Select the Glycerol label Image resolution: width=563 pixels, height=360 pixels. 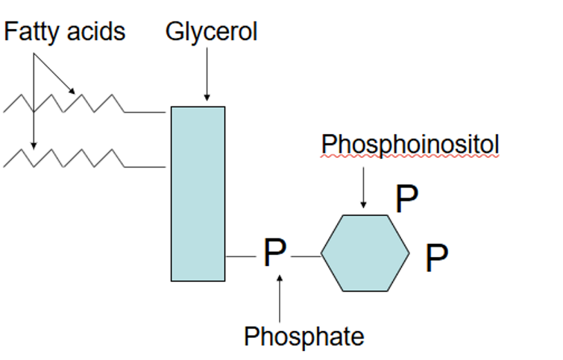[x=211, y=32]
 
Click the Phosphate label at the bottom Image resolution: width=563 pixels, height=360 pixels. [x=304, y=336]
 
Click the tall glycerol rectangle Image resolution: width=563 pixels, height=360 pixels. [x=198, y=194]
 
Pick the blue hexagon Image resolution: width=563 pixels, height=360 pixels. [x=365, y=253]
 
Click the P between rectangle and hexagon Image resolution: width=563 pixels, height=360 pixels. [x=274, y=254]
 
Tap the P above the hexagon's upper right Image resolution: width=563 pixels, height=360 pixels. [x=406, y=199]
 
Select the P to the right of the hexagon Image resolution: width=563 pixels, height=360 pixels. [x=437, y=259]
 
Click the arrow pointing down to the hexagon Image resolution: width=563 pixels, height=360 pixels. [x=363, y=186]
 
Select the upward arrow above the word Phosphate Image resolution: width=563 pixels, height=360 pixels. [x=280, y=298]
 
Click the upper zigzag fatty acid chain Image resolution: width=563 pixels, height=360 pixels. [x=82, y=104]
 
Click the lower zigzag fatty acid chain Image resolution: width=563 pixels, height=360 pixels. [x=82, y=158]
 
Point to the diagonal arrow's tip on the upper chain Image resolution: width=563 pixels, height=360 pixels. [x=73, y=92]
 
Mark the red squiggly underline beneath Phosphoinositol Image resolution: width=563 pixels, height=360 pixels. [x=409, y=158]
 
